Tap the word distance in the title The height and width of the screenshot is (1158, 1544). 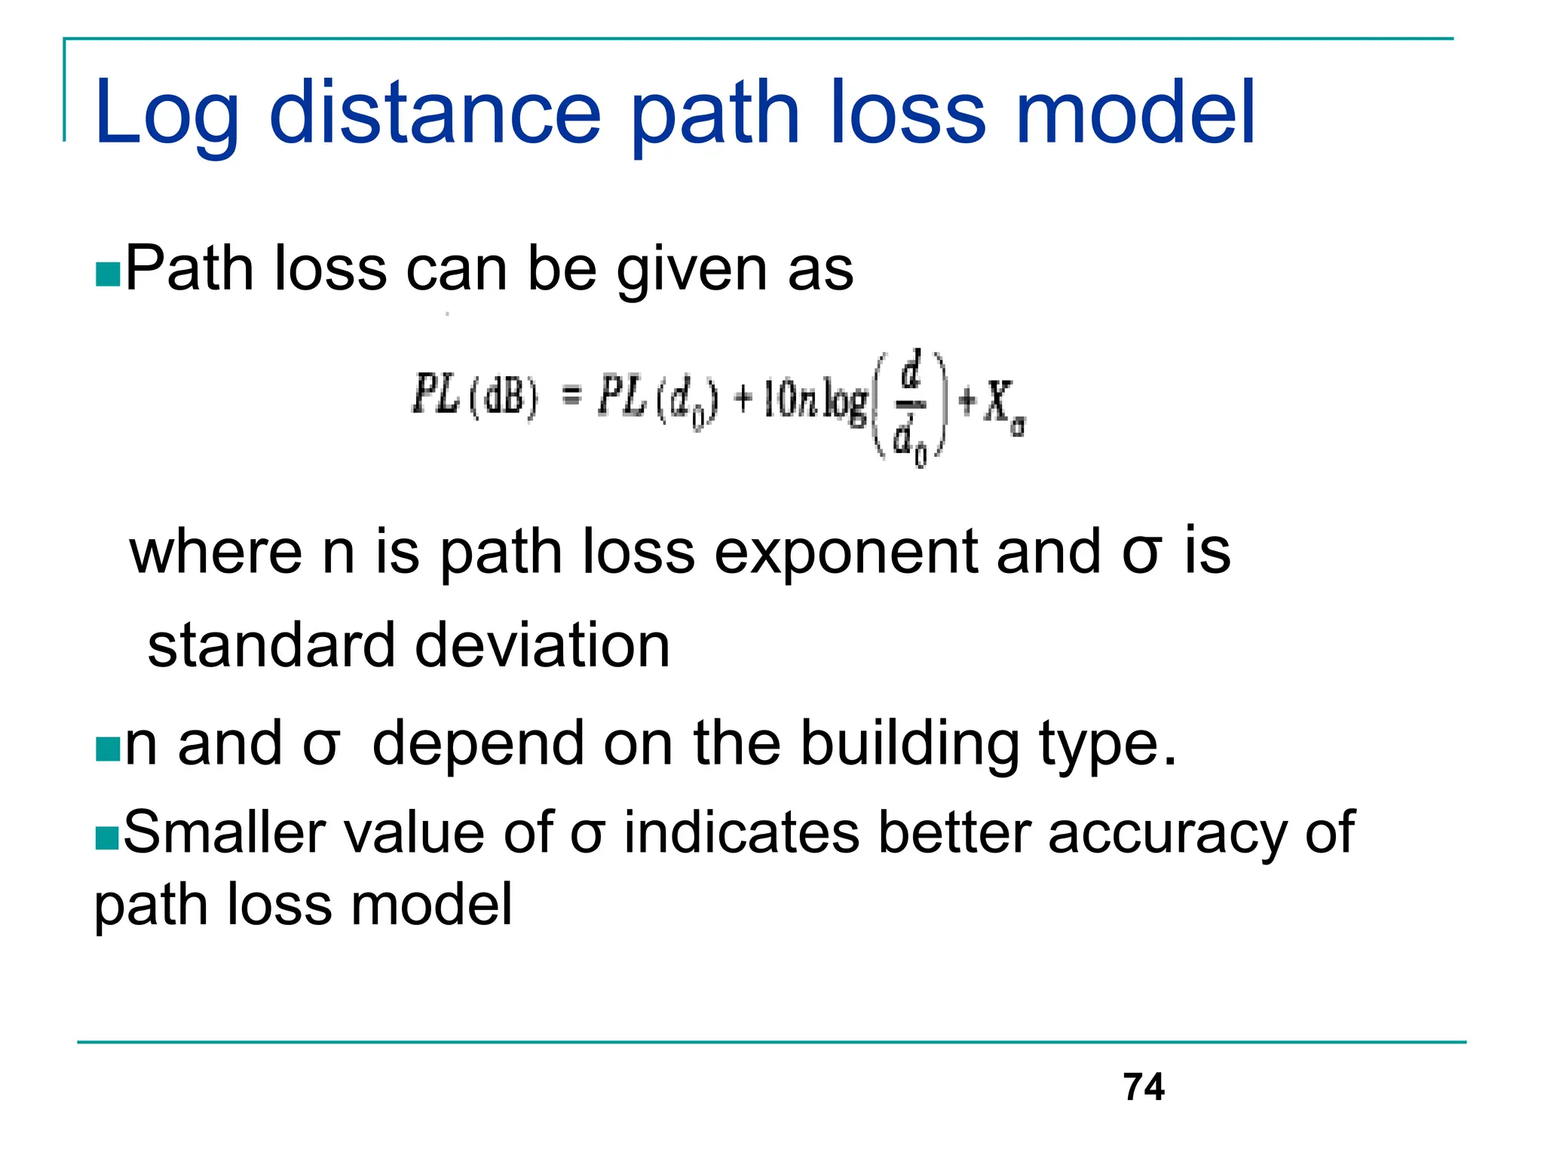click(435, 113)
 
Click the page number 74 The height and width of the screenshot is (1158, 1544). click(1143, 1087)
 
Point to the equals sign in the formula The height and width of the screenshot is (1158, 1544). click(573, 395)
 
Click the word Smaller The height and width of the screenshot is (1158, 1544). click(225, 833)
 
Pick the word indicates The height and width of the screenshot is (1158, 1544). click(742, 833)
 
